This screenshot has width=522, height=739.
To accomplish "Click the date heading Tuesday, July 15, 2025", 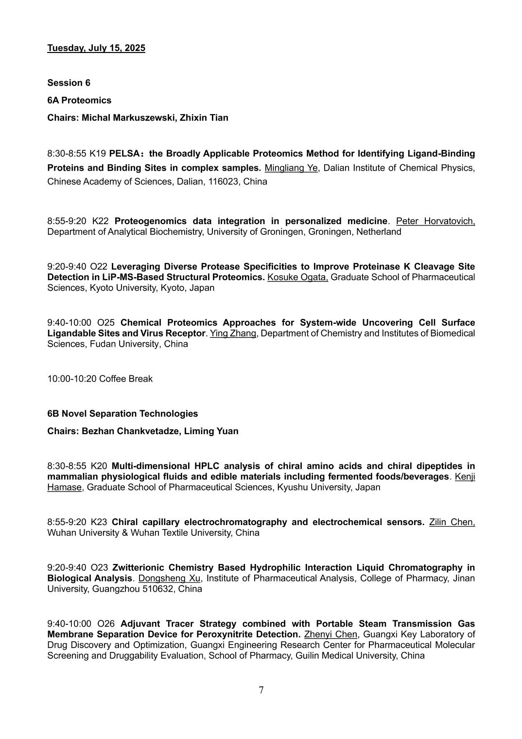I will (96, 48).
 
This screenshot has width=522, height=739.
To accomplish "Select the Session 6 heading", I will (69, 83).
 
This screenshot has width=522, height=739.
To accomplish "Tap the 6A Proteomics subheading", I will (79, 100).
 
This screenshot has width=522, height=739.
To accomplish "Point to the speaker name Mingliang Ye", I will (291, 168).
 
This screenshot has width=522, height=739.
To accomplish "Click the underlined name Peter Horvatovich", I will (435, 221).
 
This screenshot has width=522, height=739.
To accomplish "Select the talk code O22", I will (99, 266).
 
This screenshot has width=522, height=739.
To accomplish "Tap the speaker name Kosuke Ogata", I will (297, 277).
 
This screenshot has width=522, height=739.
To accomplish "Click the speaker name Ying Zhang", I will (233, 334).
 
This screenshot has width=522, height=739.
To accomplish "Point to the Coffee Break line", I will (100, 379).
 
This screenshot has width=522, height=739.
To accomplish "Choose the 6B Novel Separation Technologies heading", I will (122, 414).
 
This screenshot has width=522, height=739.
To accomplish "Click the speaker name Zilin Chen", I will (452, 522).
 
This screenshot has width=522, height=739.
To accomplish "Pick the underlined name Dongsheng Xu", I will (170, 579).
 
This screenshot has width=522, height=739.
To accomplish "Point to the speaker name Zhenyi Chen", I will (331, 634).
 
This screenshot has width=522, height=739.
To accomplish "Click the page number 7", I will (261, 690).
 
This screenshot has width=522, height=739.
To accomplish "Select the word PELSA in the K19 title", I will (124, 154).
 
